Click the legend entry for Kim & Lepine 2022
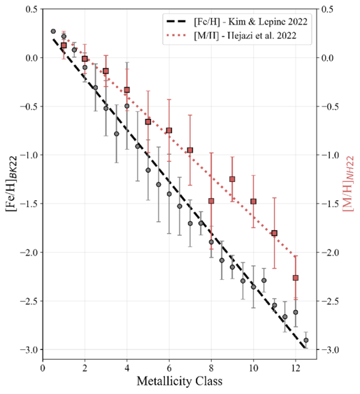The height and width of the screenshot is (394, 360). (237, 22)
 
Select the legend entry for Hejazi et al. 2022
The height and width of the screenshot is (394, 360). (231, 36)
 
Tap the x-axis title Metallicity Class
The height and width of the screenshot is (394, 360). (180, 381)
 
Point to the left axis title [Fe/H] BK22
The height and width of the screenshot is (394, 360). (13, 184)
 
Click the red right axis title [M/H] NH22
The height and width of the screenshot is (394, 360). (348, 184)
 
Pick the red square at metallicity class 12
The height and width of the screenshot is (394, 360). (296, 278)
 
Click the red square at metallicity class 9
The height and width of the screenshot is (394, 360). (232, 179)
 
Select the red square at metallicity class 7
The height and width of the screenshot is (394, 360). (190, 150)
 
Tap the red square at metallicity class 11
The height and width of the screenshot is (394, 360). (275, 233)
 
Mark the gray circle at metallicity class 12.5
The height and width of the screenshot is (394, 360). (306, 340)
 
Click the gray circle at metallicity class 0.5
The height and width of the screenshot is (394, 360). (53, 31)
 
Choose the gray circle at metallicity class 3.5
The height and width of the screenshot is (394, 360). (117, 134)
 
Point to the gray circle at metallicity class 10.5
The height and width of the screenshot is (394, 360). (264, 280)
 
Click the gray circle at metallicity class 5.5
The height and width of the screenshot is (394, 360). (159, 185)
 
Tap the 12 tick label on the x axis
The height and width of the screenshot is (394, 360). (296, 368)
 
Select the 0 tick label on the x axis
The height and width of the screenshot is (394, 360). (43, 368)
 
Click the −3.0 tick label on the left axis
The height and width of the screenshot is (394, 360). (31, 349)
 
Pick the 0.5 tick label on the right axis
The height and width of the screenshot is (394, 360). (327, 9)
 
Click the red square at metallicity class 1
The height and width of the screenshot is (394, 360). (64, 45)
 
